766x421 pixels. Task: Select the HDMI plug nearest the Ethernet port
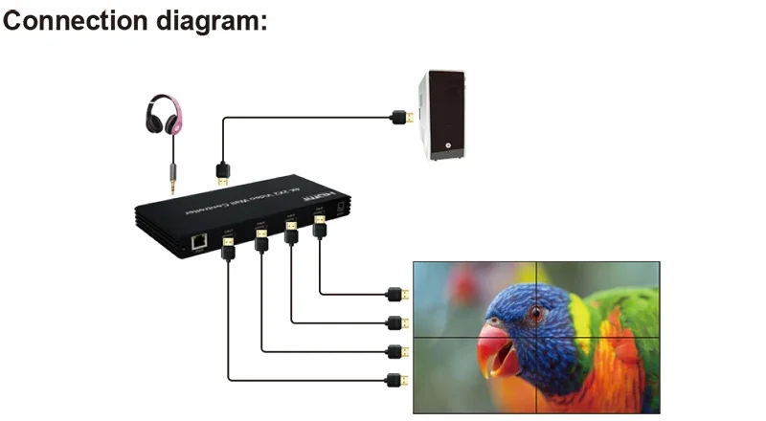pos(228,248)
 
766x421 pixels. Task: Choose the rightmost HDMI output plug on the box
pos(320,227)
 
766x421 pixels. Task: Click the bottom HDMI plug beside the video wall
pos(395,380)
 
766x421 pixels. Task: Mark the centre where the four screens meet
pos(536,337)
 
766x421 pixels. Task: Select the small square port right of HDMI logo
pos(342,203)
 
